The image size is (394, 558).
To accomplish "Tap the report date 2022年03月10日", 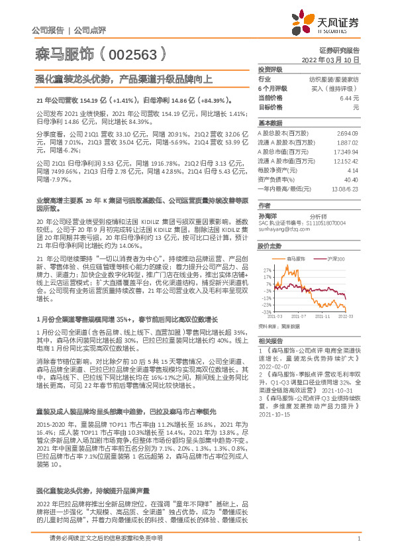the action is pos(336,59).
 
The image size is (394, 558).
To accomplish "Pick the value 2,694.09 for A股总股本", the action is pos(348,133).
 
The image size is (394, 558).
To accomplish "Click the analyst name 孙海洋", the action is pos(268,216).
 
